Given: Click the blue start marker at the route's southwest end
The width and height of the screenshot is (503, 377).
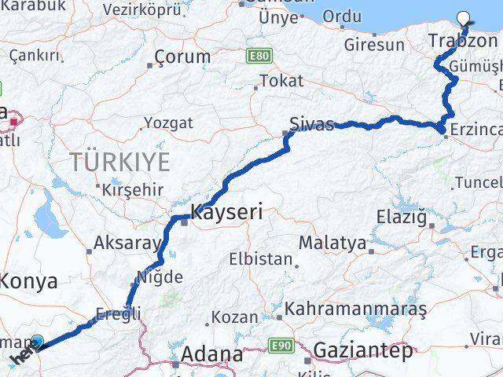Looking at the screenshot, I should (x=37, y=342).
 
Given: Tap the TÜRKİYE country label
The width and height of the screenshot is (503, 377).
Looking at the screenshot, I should (x=119, y=163).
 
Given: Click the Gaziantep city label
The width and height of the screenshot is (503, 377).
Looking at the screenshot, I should (x=362, y=352).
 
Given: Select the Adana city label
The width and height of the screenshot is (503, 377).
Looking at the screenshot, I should (x=211, y=355).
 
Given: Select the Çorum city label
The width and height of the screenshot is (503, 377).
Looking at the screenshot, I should (x=182, y=57).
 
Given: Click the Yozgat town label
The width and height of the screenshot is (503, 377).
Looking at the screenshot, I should (x=168, y=123).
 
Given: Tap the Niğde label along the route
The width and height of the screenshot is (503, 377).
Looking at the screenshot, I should (x=160, y=276).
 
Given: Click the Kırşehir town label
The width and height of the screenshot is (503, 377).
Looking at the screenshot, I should (x=133, y=189).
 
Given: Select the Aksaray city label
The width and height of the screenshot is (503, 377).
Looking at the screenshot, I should (x=127, y=243).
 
